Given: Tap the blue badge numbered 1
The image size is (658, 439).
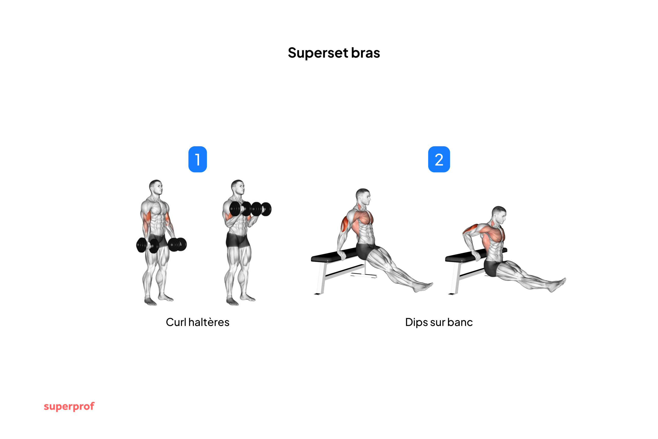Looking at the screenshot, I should point(197,159).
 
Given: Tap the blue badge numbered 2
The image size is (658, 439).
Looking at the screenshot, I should point(439,159).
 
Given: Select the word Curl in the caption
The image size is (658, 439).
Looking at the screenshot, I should point(176,322).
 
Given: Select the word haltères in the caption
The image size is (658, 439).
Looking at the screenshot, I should point(209,322).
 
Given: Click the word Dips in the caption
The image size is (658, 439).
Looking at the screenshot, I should point(416,322).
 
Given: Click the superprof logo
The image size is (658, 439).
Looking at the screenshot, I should point(69,406).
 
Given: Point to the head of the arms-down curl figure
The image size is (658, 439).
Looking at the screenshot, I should point(156,187).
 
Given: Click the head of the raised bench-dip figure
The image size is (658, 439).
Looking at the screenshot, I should point(363,196).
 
